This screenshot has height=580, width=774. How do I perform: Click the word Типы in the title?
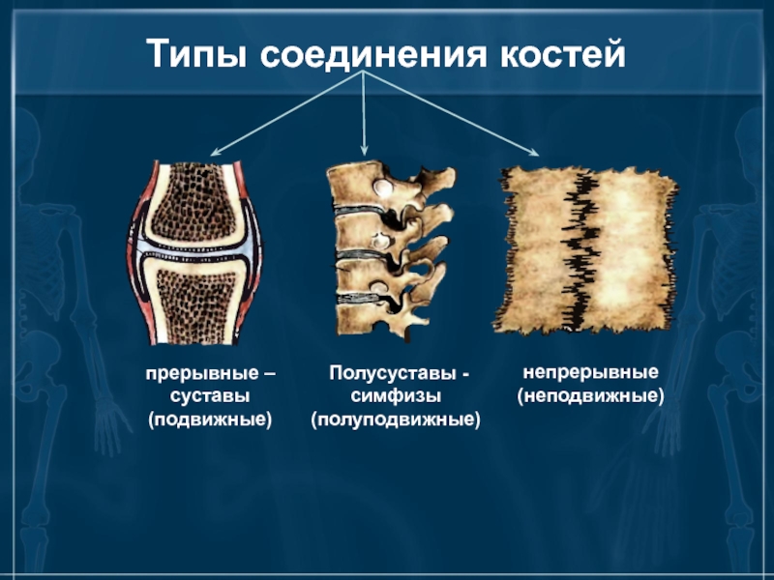coord(196,55)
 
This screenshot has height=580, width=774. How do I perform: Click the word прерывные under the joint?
coord(201,374)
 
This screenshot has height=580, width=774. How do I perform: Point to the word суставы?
coord(210,396)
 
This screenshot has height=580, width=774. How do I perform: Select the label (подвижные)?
coord(210,420)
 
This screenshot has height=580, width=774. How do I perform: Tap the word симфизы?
coord(396,396)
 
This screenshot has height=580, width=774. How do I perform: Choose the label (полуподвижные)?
coord(396,420)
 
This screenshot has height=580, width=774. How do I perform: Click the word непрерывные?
coord(590,372)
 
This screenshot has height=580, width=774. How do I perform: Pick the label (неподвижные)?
coord(590,396)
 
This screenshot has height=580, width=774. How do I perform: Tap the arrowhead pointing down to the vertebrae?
coord(365,151)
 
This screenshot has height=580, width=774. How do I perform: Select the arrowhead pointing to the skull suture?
coord(534,153)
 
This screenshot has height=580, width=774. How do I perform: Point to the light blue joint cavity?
coord(195,249)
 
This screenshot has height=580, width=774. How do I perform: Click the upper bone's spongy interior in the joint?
coord(193,201)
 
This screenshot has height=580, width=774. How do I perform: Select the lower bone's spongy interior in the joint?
coord(196,304)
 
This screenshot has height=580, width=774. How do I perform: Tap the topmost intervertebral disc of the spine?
coord(359,211)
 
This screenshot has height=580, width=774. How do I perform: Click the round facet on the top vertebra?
coord(382,187)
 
